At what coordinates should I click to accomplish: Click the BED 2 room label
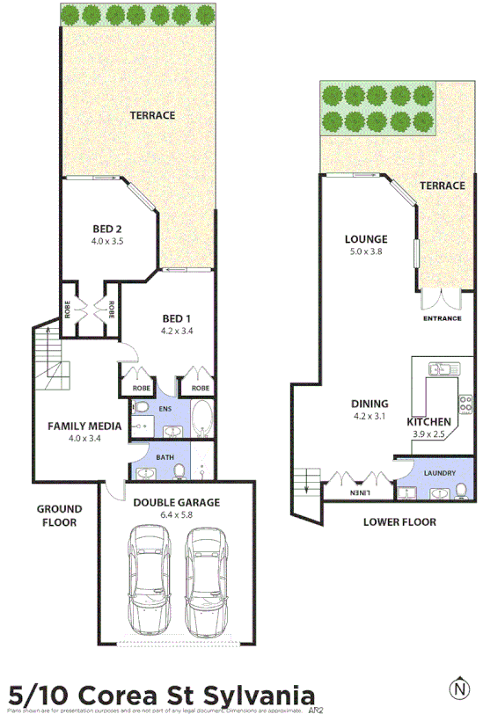tap(106, 229)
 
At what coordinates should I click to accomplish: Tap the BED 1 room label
tap(177, 318)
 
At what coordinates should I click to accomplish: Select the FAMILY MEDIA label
tap(84, 426)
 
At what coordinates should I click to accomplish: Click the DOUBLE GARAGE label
tap(177, 502)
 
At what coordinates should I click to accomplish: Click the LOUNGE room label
tap(366, 239)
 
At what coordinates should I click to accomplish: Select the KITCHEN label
tap(428, 423)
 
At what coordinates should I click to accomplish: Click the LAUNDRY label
tap(439, 473)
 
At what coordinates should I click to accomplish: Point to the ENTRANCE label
tap(442, 318)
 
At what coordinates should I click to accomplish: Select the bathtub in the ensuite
tap(201, 420)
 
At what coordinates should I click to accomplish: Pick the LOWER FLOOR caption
tap(399, 521)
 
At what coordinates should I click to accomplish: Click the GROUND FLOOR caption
tap(59, 515)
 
